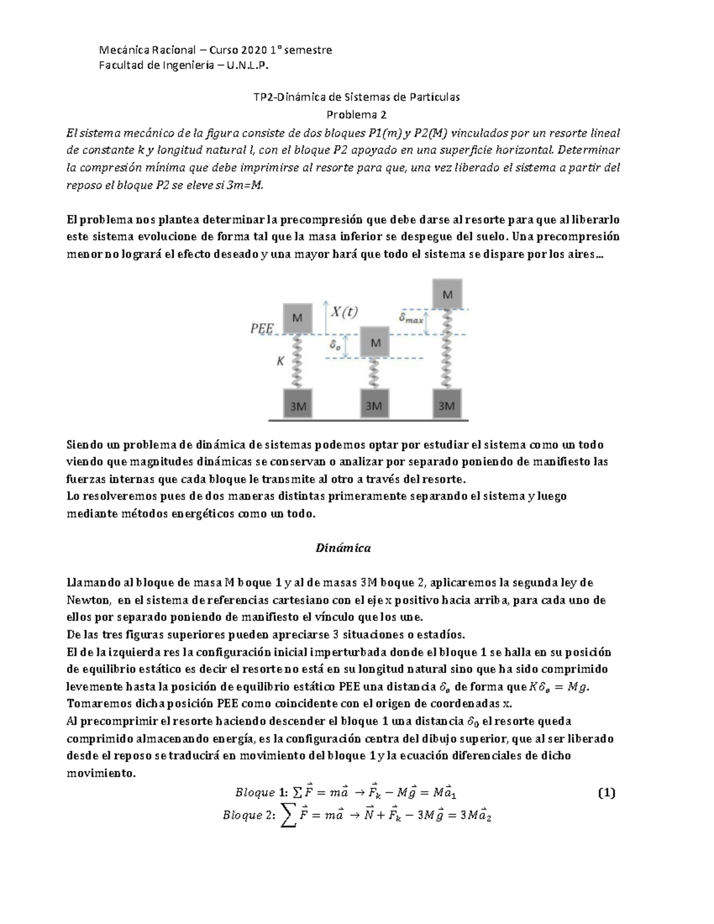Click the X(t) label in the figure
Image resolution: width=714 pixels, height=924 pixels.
345,311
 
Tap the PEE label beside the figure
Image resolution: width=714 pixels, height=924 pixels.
262,328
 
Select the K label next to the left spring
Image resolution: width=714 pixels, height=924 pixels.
280,361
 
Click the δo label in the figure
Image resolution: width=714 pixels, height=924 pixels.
335,345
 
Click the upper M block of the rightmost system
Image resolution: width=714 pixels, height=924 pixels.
447,295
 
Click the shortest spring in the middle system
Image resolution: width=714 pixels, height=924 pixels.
374,373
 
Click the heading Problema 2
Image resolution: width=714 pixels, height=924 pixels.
357,114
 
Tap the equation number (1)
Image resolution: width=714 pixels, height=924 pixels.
606,793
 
